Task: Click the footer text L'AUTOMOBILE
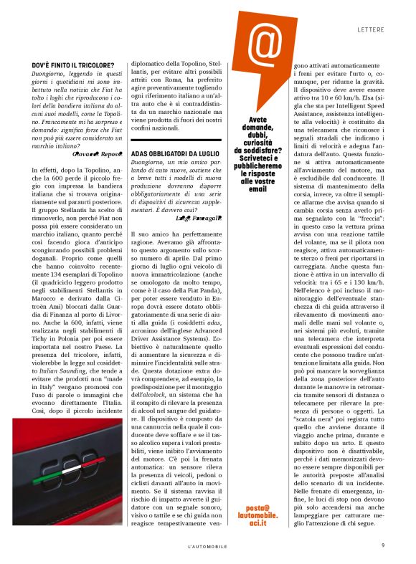(207, 546)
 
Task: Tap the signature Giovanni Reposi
(98, 153)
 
